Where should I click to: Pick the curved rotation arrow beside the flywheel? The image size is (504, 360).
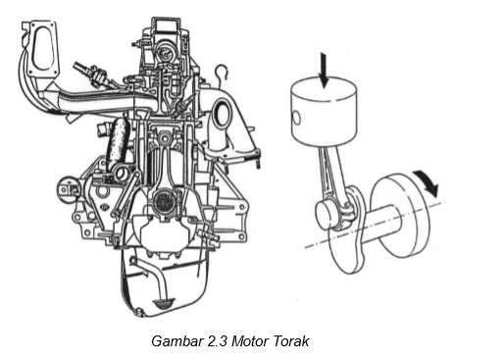tap(426, 180)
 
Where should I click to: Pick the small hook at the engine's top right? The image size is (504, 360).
tap(224, 71)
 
